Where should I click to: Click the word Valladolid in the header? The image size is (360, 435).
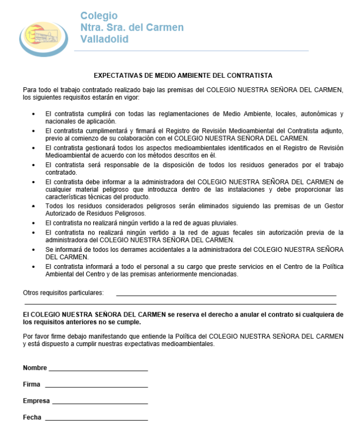click(104, 39)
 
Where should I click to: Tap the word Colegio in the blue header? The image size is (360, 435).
click(99, 16)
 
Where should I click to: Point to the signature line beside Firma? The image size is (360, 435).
click(96, 386)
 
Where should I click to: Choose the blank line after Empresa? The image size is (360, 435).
click(100, 402)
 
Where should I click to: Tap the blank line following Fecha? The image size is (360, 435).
click(96, 418)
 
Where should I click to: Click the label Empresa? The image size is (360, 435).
click(36, 401)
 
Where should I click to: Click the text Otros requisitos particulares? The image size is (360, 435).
click(63, 293)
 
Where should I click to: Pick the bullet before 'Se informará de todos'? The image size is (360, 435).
click(34, 249)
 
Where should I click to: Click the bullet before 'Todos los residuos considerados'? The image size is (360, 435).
click(34, 206)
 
